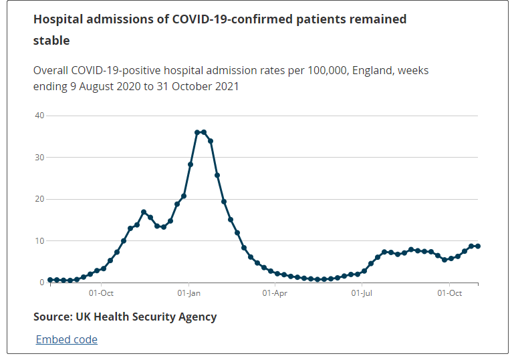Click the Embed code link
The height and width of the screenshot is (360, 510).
[67, 339]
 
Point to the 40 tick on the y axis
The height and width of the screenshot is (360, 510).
[39, 116]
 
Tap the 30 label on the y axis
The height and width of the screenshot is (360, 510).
[39, 158]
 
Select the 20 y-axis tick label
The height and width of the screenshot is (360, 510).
[39, 199]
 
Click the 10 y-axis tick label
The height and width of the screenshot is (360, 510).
[39, 241]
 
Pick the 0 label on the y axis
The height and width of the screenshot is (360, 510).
[41, 283]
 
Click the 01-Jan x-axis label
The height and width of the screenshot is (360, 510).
[190, 293]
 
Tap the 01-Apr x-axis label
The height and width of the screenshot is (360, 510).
[275, 293]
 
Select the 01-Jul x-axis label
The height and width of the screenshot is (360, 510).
[362, 293]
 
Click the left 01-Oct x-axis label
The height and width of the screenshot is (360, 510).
[101, 293]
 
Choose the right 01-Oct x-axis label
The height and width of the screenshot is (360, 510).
[450, 293]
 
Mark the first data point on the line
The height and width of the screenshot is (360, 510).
[50, 280]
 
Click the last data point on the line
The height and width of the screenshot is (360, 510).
[478, 246]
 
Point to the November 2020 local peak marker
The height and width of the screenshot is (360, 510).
[144, 212]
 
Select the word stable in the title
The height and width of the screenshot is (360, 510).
[51, 41]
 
